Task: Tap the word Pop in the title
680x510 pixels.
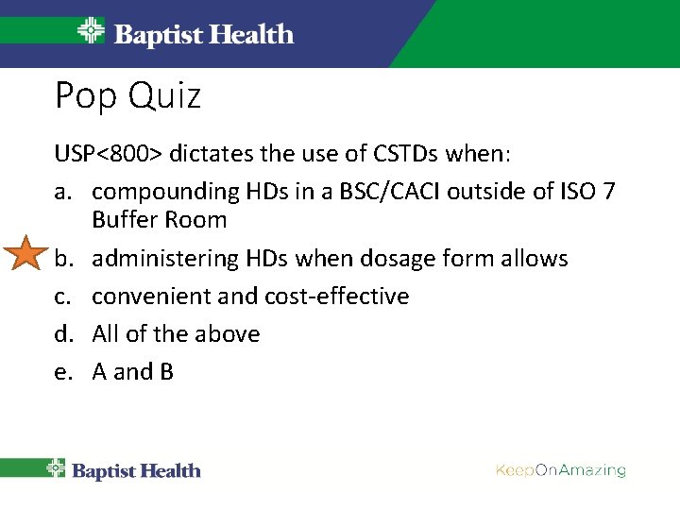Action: pos(83,96)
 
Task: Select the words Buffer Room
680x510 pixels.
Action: pos(159,220)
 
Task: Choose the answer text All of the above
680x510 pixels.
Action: pos(176,334)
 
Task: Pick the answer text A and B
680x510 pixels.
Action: pos(132,372)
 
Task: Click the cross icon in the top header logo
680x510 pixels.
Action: pos(92,32)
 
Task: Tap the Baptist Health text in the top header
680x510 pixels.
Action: pos(203,35)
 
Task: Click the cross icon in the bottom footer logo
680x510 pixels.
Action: pos(57,469)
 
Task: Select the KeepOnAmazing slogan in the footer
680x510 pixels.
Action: pos(560,470)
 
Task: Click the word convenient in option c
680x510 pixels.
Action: pos(159,297)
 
